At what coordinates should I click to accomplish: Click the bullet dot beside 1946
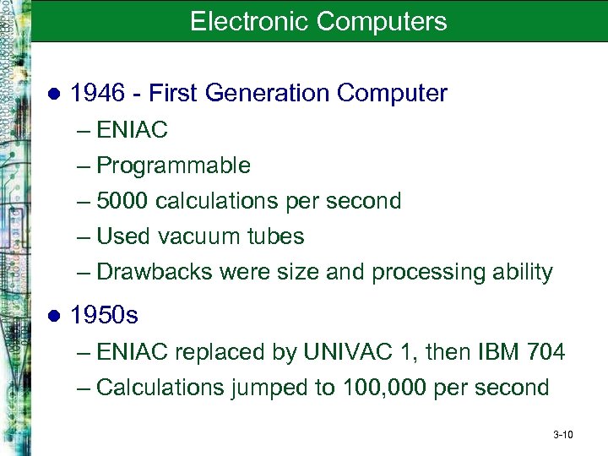click(53, 95)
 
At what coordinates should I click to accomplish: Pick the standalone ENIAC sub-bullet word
click(133, 130)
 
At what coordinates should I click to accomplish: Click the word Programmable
click(173, 166)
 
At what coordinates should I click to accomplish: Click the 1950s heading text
click(105, 316)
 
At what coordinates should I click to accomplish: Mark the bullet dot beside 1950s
click(53, 317)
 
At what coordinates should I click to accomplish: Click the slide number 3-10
click(562, 435)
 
